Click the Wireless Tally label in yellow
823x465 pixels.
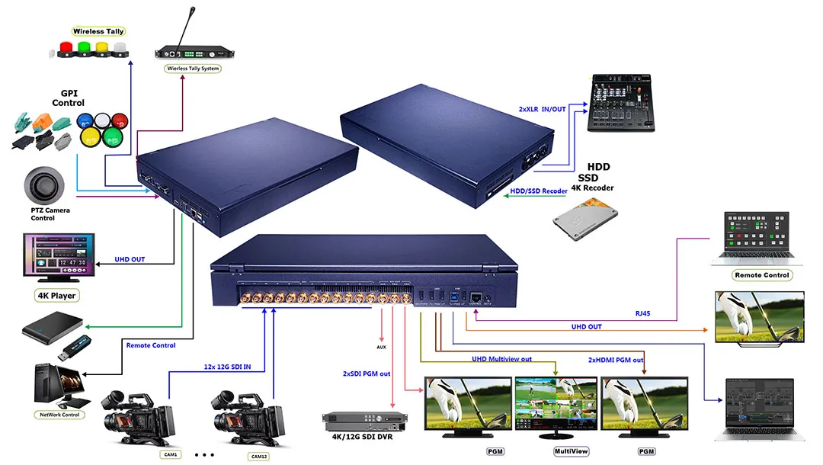pos(98,31)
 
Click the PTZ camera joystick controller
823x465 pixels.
pos(43,184)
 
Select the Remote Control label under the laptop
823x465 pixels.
pos(762,274)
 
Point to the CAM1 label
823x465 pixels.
pos(171,455)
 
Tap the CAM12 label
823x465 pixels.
pos(258,457)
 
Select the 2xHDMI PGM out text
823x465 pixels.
pos(616,360)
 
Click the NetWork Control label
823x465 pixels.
pos(59,415)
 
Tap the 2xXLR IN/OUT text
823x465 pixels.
pos(542,110)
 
